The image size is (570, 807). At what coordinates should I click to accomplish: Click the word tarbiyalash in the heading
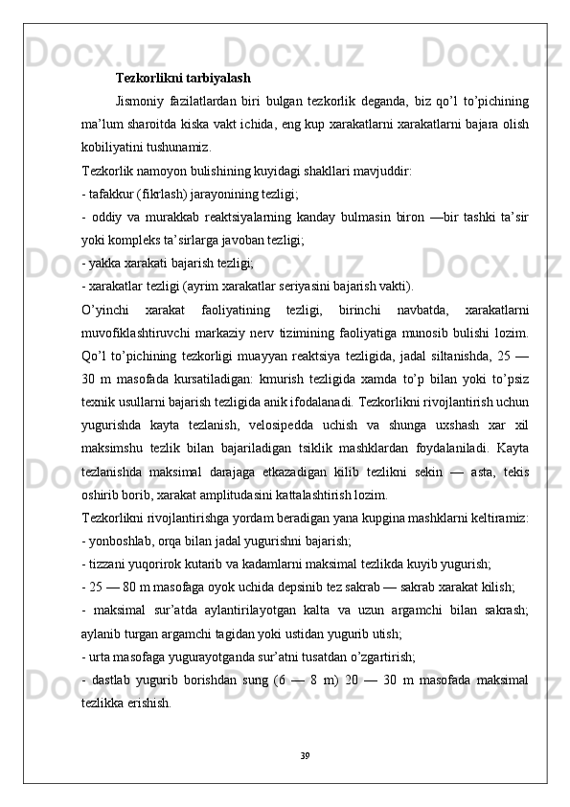coord(217,78)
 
